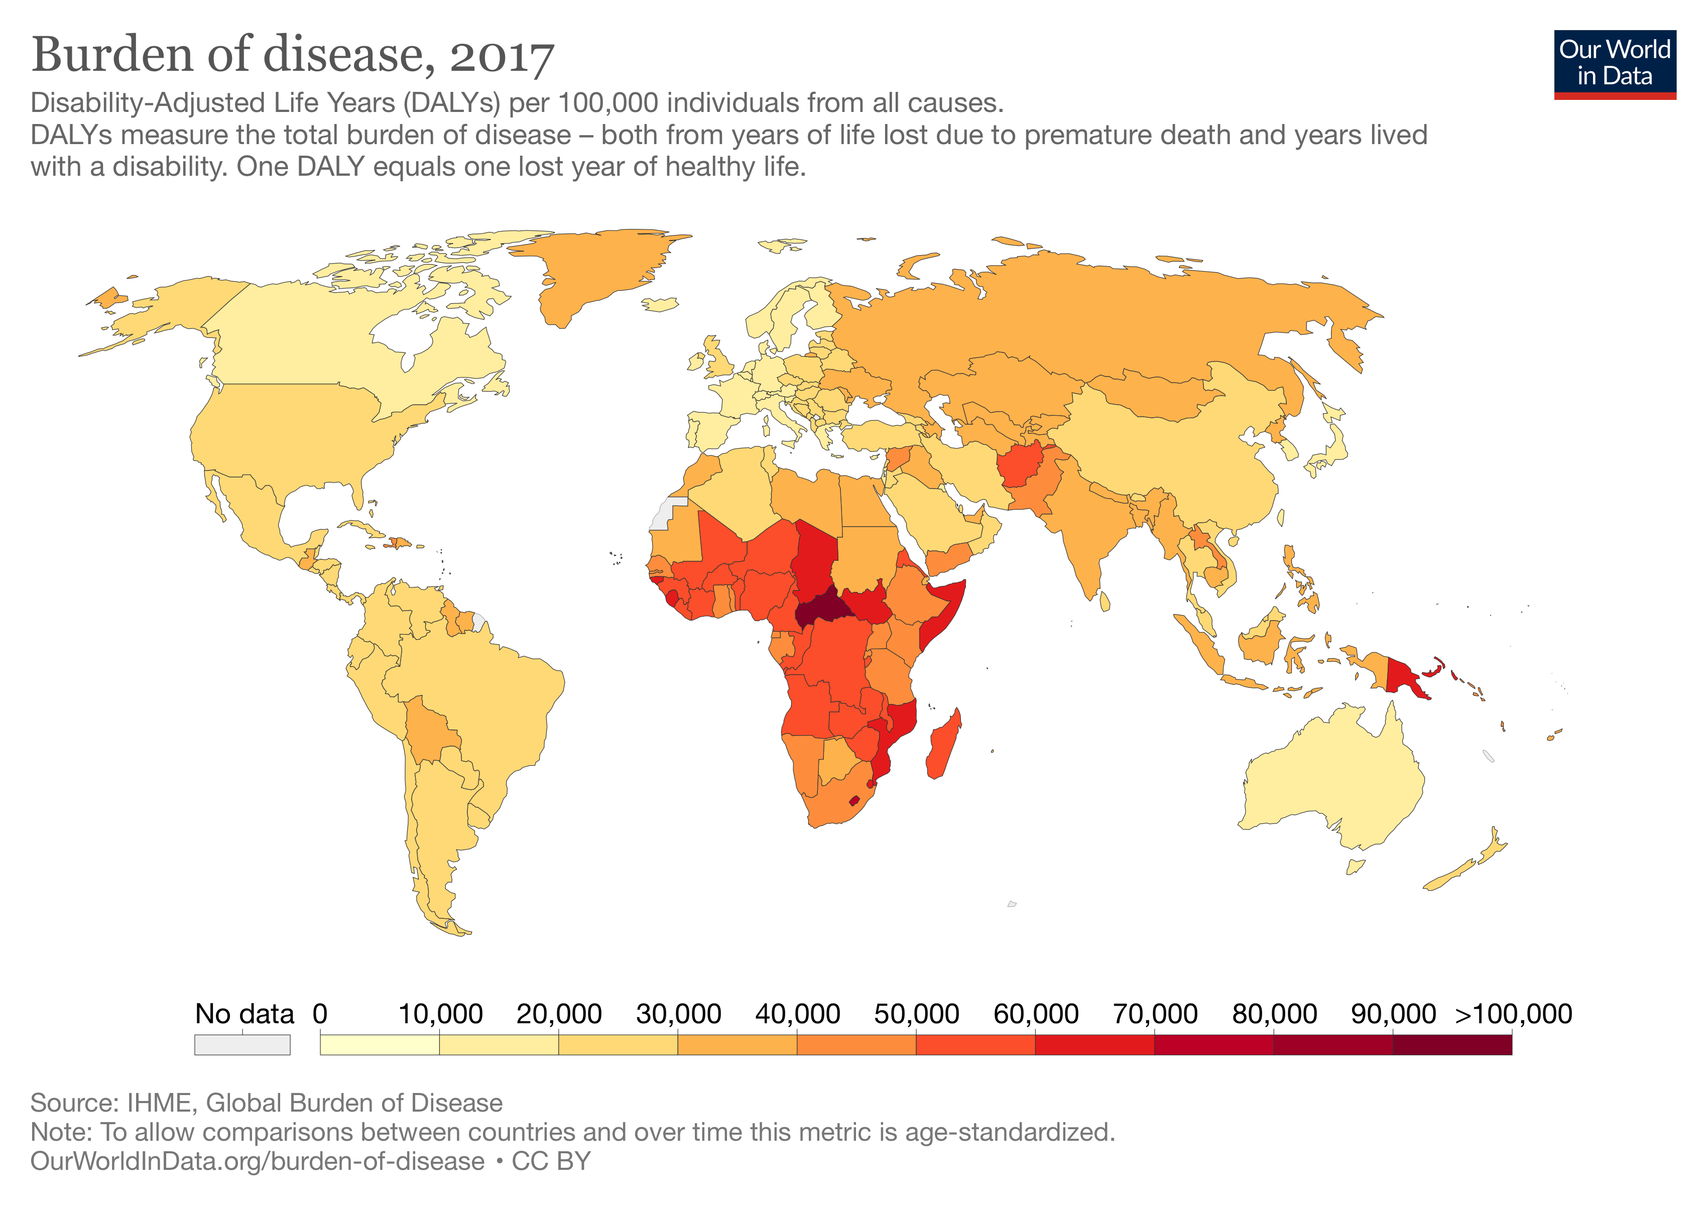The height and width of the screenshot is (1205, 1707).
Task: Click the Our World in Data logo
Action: click(1614, 64)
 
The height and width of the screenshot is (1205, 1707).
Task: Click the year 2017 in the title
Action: click(502, 57)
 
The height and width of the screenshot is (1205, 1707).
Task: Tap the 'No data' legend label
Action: click(244, 1013)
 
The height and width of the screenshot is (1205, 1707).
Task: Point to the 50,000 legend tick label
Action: click(916, 1013)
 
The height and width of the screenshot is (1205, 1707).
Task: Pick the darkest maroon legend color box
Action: click(1451, 1044)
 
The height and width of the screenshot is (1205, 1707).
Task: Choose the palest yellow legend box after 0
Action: click(379, 1044)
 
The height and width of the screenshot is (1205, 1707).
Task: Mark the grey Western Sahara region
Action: click(664, 513)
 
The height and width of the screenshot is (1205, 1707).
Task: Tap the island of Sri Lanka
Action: click(1105, 600)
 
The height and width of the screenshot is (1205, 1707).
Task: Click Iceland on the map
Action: click(660, 304)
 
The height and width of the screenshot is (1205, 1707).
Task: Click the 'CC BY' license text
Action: click(551, 1160)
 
